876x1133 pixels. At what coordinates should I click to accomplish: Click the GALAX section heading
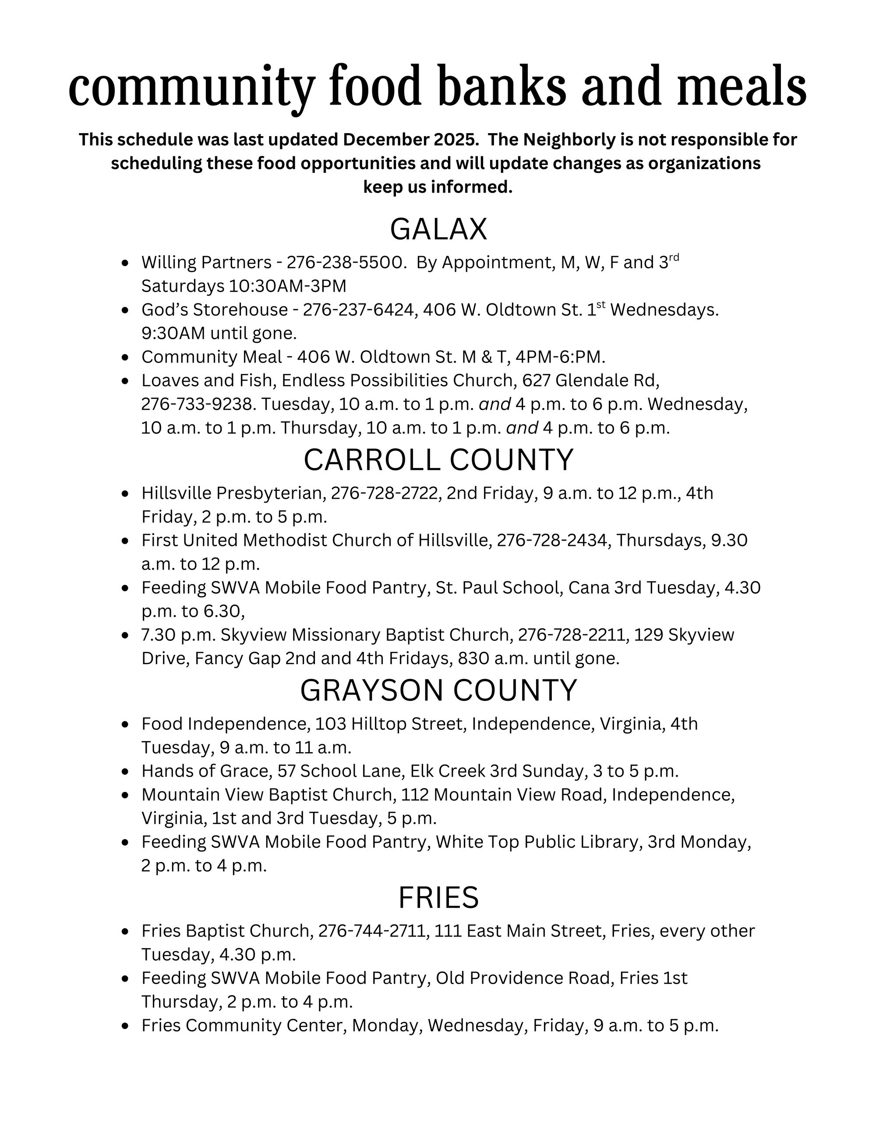[438, 229]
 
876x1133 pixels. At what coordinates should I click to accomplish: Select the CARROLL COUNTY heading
[438, 460]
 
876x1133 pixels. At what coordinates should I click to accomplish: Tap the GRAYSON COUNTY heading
[438, 690]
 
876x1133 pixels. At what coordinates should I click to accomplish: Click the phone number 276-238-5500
[345, 263]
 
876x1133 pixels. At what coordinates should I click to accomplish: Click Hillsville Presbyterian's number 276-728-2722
[385, 493]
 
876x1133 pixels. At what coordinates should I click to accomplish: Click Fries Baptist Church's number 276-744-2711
[373, 931]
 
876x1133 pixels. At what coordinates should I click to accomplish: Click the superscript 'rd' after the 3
[673, 257]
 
